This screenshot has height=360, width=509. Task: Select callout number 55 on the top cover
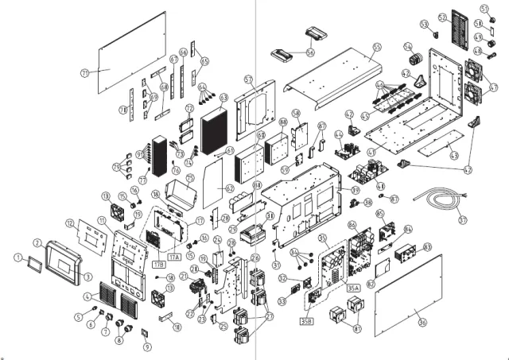[376, 48]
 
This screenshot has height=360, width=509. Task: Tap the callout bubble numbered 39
[356, 191]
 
